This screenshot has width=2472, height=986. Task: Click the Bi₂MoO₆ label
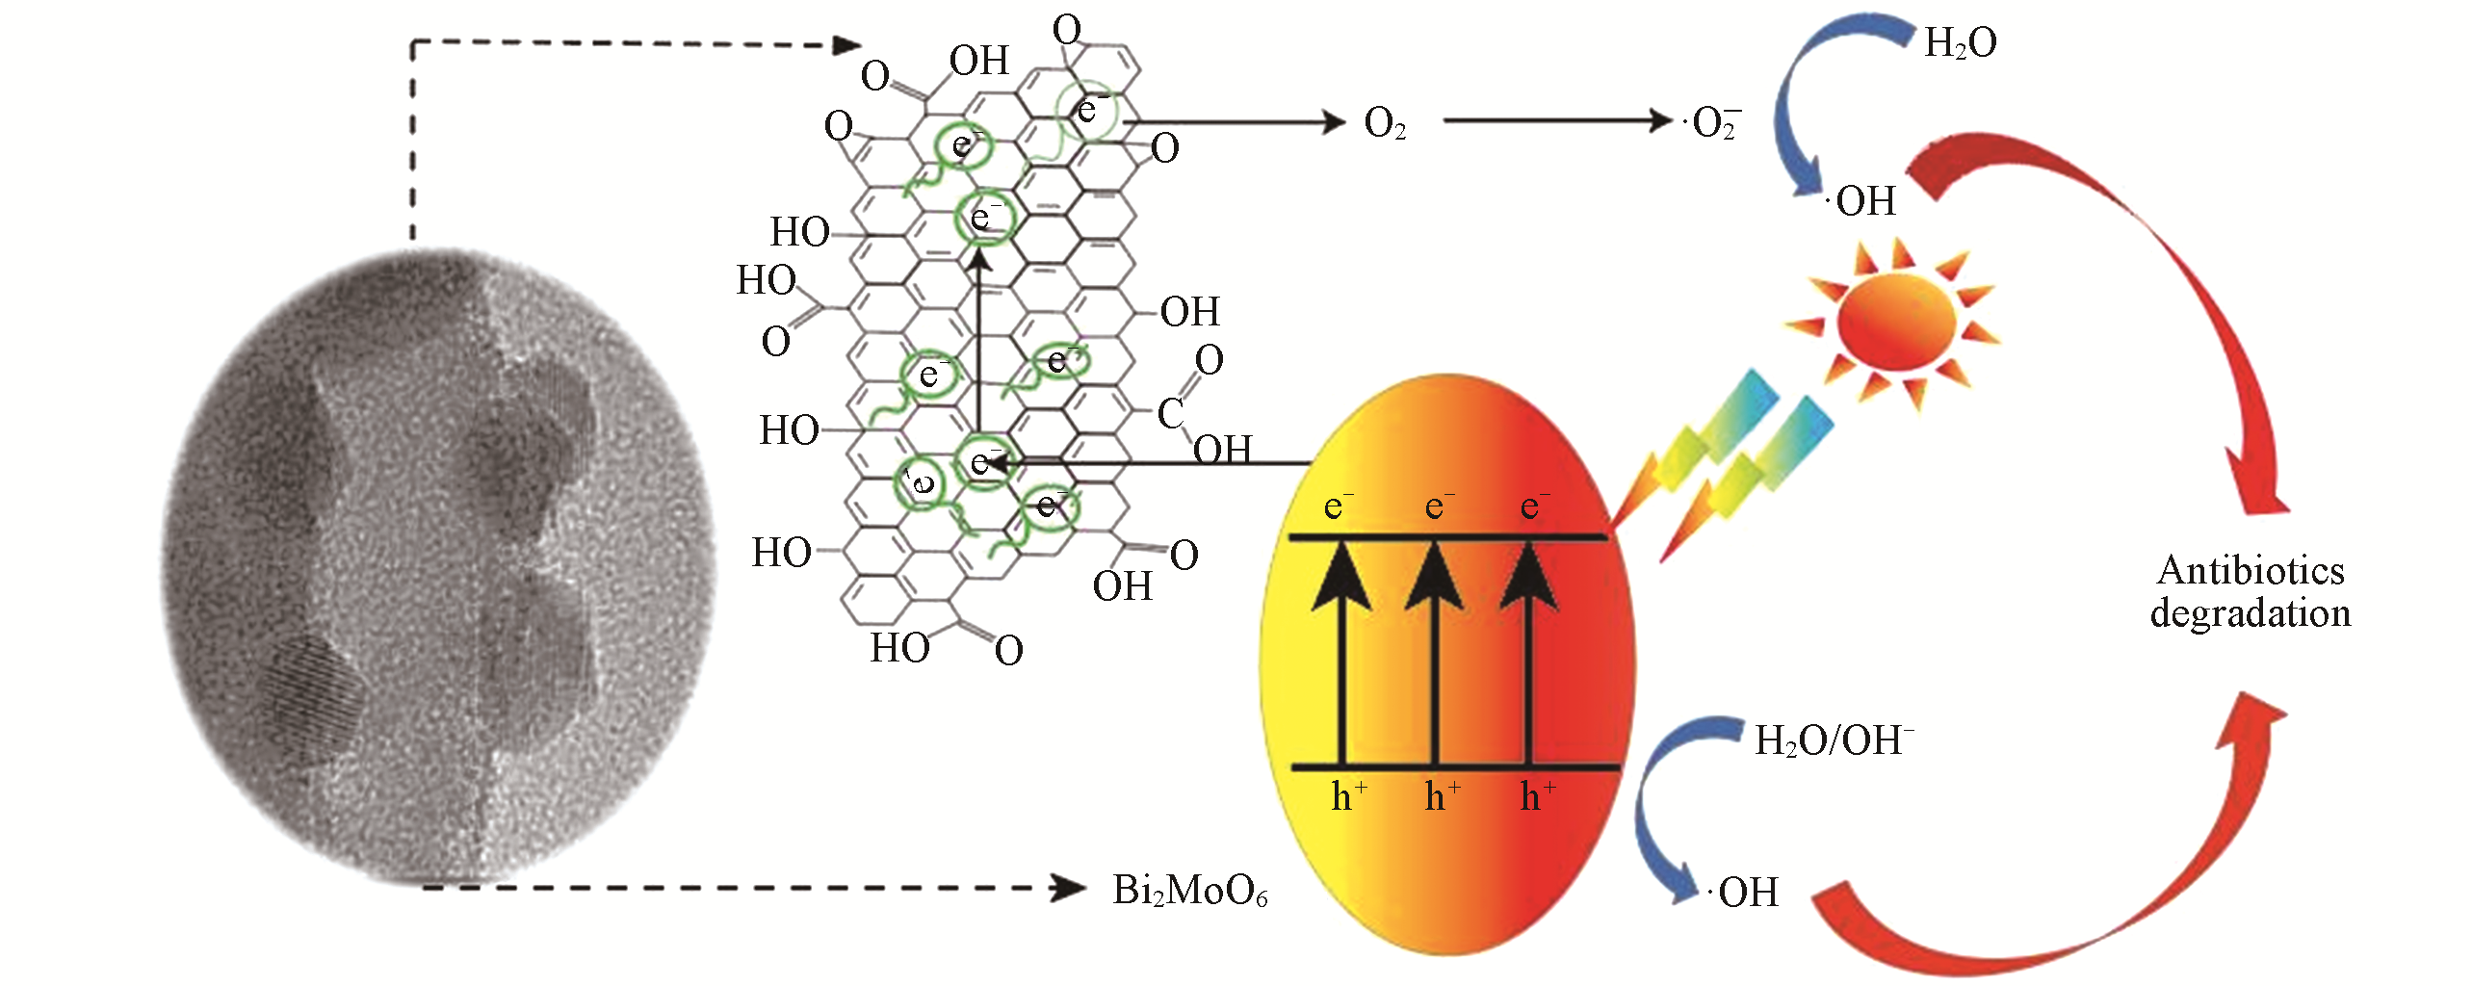(1190, 891)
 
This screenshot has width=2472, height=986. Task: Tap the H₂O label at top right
(1960, 43)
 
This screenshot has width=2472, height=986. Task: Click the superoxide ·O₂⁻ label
(1713, 123)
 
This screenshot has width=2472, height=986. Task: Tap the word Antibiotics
(2251, 570)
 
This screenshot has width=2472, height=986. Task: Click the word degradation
(2251, 613)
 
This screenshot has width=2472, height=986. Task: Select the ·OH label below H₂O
(1863, 201)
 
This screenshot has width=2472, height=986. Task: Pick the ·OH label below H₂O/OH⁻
(1745, 893)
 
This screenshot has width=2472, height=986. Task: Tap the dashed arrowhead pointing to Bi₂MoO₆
(1069, 888)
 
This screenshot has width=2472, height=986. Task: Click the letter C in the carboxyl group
(1170, 414)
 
